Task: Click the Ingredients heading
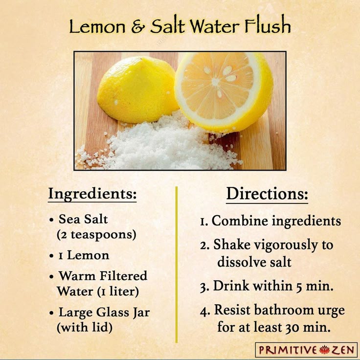coord(92,194)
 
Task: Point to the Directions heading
coord(267,194)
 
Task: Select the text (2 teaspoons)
coord(96,234)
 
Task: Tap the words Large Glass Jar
coord(104,312)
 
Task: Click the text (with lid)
coord(85,327)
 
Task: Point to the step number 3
coord(204,287)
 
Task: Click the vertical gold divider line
coord(177,264)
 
